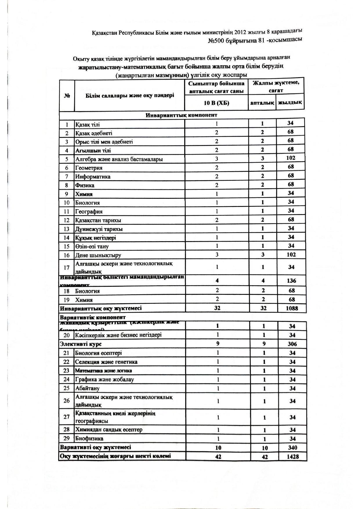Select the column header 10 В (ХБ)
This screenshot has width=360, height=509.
(216, 103)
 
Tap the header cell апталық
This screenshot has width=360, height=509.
(262, 103)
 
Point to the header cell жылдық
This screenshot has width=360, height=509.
(290, 102)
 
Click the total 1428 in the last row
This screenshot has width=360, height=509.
(292, 456)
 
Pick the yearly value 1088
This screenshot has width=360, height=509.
(292, 308)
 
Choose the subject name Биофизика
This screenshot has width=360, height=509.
(89, 438)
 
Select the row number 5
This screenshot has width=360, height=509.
(67, 159)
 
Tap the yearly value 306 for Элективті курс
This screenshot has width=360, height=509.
(292, 344)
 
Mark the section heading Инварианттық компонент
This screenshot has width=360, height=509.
(181, 115)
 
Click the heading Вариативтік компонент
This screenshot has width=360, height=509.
(93, 317)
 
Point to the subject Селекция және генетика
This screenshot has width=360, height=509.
(106, 362)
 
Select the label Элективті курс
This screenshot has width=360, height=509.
(81, 344)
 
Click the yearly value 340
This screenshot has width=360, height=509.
(292, 447)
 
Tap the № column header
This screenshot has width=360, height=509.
(67, 96)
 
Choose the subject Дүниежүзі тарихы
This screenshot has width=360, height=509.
(99, 229)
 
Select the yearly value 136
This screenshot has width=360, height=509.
(291, 281)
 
